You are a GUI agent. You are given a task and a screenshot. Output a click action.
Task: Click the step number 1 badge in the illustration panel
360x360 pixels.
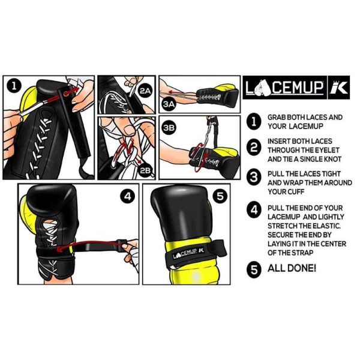[x=13, y=86]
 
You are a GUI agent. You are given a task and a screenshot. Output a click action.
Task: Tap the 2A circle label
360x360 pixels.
[x=145, y=91]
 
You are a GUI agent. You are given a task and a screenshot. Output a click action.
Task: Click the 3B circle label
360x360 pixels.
[x=169, y=128]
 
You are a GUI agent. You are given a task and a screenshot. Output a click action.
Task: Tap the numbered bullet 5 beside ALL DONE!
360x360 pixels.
[x=254, y=269]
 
